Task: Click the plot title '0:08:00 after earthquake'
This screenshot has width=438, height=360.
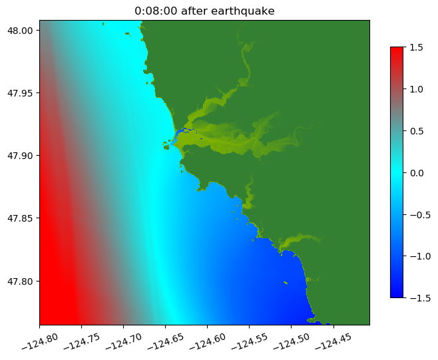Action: click(x=204, y=11)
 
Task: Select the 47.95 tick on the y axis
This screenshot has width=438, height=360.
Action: click(x=21, y=92)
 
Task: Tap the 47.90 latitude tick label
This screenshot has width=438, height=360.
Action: click(x=21, y=155)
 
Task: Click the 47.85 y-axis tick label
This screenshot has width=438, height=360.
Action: click(x=21, y=218)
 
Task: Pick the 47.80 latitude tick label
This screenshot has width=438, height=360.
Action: click(x=21, y=281)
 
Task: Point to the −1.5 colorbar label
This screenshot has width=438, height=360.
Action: click(x=418, y=297)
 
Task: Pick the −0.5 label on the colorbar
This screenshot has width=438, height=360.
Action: click(x=418, y=214)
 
